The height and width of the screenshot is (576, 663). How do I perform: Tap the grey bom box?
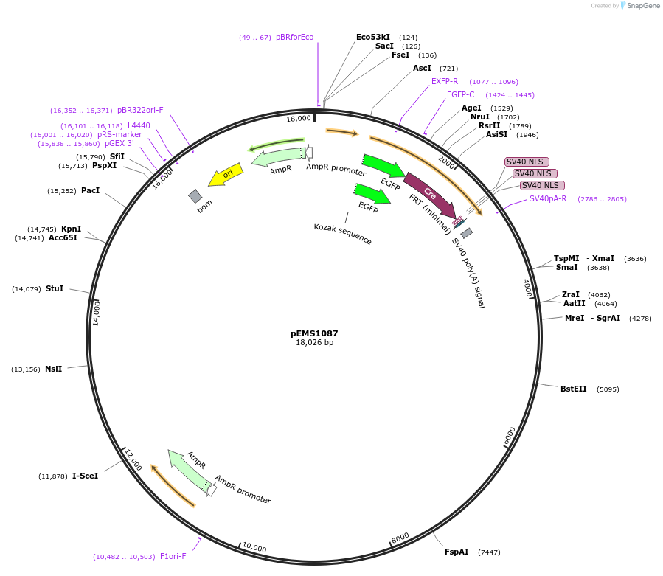click(195, 195)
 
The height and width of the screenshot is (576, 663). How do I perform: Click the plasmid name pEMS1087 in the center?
click(314, 333)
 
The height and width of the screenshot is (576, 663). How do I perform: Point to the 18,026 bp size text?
click(314, 343)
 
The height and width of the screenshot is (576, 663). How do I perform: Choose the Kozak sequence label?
click(342, 234)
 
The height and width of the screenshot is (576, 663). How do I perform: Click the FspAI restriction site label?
click(457, 552)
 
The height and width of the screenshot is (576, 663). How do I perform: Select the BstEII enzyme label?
click(573, 389)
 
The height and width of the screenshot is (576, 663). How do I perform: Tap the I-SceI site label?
click(85, 476)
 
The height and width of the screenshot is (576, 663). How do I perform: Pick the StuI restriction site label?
click(55, 288)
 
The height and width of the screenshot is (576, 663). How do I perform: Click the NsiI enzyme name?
click(53, 369)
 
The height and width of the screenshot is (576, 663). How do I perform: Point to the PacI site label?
click(90, 191)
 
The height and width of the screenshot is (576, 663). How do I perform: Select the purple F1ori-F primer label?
click(173, 557)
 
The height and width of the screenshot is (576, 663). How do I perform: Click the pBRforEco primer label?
click(294, 38)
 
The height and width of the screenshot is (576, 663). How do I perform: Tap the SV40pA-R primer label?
click(548, 198)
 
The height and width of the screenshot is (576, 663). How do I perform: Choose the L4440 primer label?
click(139, 126)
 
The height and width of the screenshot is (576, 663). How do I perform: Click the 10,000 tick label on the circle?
click(254, 548)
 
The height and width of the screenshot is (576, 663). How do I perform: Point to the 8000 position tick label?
click(400, 538)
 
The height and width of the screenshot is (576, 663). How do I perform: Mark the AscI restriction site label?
click(422, 69)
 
